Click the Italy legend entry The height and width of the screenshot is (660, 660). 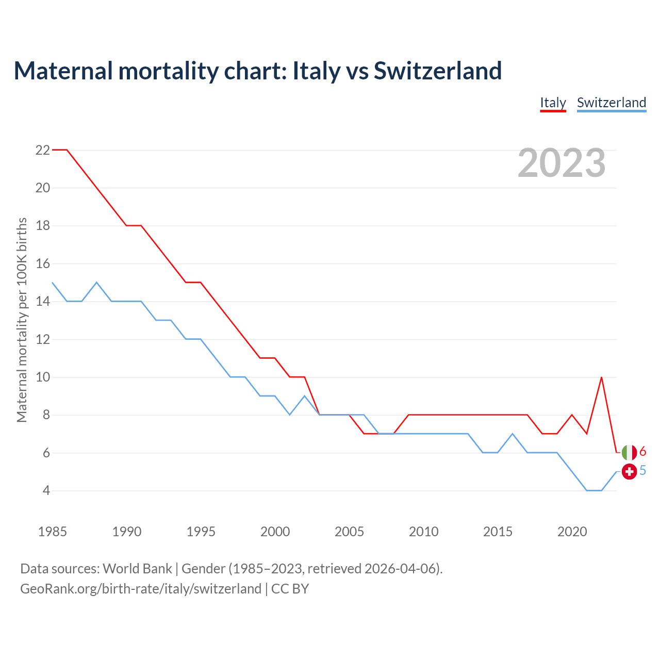click(x=553, y=103)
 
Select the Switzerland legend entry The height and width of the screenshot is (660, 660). click(x=611, y=103)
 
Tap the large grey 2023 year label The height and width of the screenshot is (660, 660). click(x=562, y=163)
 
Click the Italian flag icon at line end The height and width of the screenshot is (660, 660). click(x=629, y=453)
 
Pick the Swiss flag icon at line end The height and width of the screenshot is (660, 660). click(x=629, y=471)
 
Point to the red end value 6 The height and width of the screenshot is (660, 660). click(x=643, y=452)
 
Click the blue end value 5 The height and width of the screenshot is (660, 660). click(x=643, y=470)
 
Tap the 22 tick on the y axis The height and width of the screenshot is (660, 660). click(x=43, y=150)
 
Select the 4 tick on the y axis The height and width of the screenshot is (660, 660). click(x=46, y=490)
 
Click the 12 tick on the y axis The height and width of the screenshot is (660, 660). click(x=43, y=339)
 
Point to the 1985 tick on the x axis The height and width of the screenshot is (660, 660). click(x=53, y=532)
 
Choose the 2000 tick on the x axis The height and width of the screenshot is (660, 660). click(x=275, y=532)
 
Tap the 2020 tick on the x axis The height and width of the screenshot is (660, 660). click(x=572, y=532)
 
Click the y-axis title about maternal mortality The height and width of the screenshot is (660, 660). click(x=22, y=320)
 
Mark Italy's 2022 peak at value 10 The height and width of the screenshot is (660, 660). click(x=601, y=377)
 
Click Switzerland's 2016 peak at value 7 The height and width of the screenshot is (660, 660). click(x=513, y=434)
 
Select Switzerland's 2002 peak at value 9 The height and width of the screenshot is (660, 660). click(x=305, y=396)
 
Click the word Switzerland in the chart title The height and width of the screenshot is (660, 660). click(x=438, y=71)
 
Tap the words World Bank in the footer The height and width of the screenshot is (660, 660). click(x=137, y=569)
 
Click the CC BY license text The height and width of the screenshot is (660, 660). click(x=290, y=589)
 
